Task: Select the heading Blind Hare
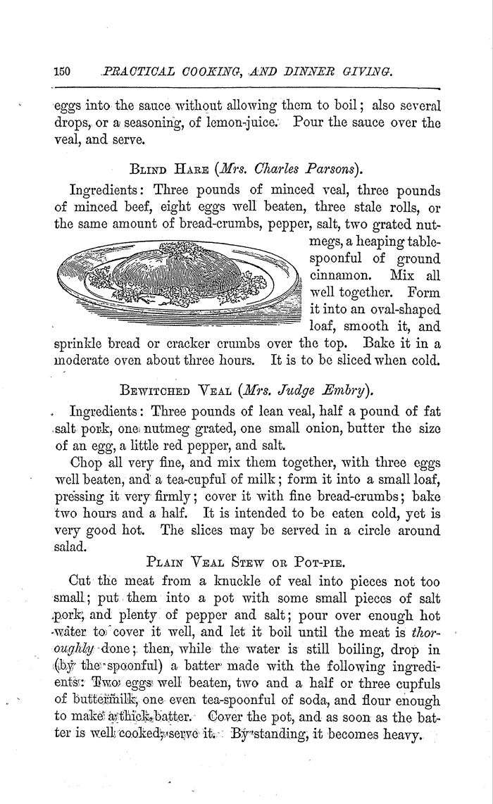coord(175,169)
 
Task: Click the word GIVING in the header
coord(368,71)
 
